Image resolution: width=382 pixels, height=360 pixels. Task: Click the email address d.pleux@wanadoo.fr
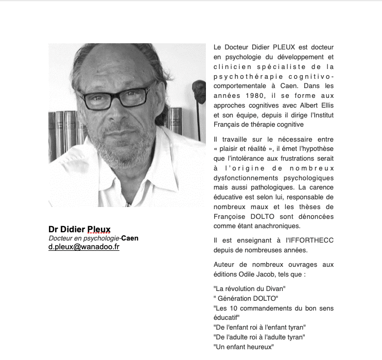84,247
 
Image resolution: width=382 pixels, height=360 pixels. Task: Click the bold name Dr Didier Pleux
79,229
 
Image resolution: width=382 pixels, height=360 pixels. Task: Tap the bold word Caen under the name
130,238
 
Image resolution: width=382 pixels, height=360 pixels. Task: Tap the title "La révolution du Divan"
249,288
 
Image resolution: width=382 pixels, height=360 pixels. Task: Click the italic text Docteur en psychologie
83,238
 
